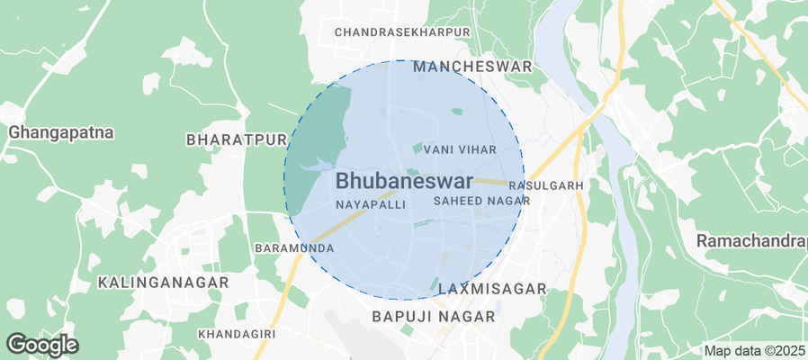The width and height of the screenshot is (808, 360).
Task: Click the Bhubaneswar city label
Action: click(x=405, y=181)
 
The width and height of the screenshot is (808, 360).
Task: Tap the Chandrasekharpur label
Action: click(x=402, y=32)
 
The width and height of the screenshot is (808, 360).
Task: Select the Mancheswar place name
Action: click(x=472, y=67)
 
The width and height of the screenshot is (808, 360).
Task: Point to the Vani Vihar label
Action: click(x=460, y=148)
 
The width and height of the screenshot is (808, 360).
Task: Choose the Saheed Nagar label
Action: click(x=480, y=202)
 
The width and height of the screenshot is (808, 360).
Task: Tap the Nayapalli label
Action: click(x=371, y=205)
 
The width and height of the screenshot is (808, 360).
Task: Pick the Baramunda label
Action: click(x=294, y=247)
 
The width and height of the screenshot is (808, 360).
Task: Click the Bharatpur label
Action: click(x=236, y=140)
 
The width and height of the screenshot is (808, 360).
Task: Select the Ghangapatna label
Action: click(x=61, y=132)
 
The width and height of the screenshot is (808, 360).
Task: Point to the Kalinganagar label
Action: click(x=163, y=282)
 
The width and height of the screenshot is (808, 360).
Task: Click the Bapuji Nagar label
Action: click(x=434, y=317)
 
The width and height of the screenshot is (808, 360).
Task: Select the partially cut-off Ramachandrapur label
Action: click(x=751, y=241)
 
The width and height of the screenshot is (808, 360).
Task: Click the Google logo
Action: click(x=42, y=344)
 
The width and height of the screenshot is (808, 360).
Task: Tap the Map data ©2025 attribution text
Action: click(x=754, y=351)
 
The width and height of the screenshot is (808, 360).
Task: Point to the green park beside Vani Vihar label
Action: click(x=417, y=148)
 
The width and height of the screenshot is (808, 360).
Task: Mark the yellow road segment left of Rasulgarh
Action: click(x=494, y=182)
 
